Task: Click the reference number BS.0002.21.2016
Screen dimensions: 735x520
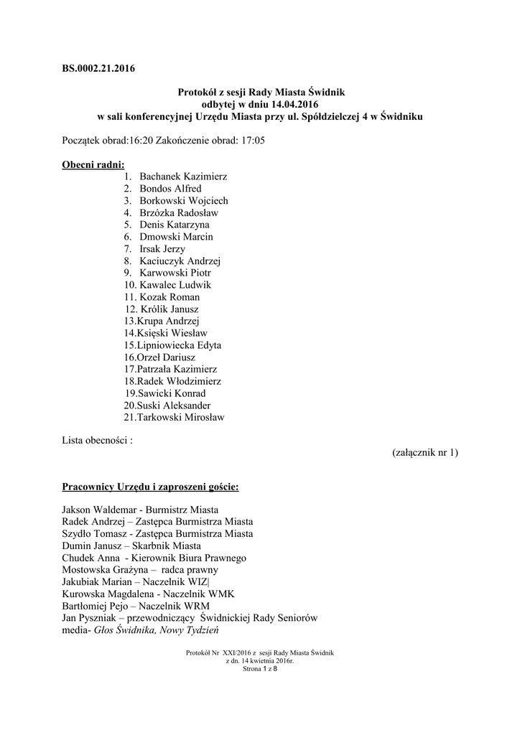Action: (99, 69)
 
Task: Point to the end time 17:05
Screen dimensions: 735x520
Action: (251, 141)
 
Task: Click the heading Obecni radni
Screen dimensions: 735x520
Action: (93, 165)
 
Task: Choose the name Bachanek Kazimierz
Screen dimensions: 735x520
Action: (182, 177)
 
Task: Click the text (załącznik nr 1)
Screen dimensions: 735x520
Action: (425, 452)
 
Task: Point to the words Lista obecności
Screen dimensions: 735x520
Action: (96, 440)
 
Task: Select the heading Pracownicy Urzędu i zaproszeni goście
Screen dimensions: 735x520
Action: (150, 487)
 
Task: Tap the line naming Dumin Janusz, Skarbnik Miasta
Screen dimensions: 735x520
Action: (131, 546)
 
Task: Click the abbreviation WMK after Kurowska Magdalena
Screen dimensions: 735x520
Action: (220, 594)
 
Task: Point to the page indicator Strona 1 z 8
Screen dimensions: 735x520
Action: (260, 668)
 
